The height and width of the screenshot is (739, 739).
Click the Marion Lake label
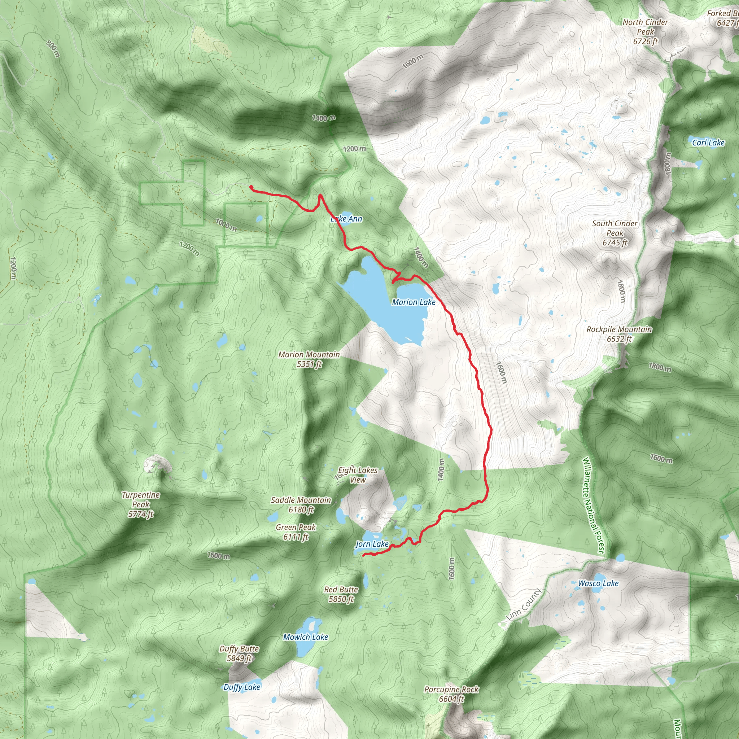(x=414, y=302)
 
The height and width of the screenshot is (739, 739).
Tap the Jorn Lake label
(x=372, y=544)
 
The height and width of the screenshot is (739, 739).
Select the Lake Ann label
(x=346, y=219)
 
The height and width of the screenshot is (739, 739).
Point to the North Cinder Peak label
(x=645, y=32)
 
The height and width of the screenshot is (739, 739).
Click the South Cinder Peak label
(x=615, y=233)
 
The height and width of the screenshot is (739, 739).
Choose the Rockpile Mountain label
(x=619, y=334)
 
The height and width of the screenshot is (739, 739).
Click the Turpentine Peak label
(x=141, y=504)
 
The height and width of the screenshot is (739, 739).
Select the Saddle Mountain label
(x=301, y=504)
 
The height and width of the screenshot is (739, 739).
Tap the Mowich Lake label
(x=306, y=637)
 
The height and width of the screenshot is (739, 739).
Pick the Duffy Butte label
(x=239, y=653)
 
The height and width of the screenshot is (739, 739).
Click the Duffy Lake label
(x=242, y=687)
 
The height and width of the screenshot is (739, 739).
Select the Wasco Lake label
(x=598, y=583)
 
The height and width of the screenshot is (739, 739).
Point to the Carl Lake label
(x=708, y=143)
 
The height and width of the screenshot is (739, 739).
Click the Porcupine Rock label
(x=451, y=694)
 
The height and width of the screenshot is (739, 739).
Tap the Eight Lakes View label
(x=358, y=475)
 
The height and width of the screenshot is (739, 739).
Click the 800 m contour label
(x=53, y=49)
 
